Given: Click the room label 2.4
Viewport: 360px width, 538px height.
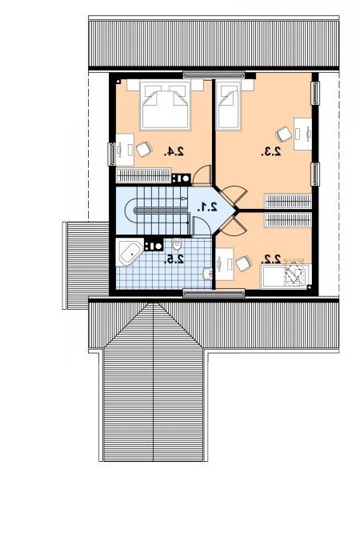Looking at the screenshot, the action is coord(174,151).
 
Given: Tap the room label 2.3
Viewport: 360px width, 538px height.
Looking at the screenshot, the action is coord(271,151).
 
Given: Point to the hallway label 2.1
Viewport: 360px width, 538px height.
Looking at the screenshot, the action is coord(207,207).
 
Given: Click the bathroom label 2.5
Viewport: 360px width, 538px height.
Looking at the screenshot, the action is coord(174,259).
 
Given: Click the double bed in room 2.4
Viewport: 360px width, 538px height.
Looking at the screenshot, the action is coord(166,105).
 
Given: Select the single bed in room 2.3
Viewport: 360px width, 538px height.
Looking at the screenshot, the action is coord(229,105).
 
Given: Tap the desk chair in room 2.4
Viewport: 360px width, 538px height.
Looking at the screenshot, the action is coord(144,149).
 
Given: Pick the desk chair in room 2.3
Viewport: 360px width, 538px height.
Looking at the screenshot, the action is coord(284,134).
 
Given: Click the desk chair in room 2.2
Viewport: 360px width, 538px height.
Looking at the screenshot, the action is coord(243,263).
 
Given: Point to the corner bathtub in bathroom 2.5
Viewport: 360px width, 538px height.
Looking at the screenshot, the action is coord(130,253).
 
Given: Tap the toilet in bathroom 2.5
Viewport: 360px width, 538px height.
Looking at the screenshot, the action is coord(177,245).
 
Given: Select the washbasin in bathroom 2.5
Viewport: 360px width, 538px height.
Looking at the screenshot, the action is coord(208,274).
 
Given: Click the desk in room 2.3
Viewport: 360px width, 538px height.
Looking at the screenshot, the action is coord(302,134).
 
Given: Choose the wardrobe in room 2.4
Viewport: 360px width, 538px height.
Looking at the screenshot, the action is coord(144,175).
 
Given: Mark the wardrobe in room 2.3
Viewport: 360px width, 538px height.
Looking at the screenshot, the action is coord(288,201).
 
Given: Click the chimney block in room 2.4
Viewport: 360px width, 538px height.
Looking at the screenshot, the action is coord(182,179).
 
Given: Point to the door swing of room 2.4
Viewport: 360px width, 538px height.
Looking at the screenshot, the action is coord(201,171).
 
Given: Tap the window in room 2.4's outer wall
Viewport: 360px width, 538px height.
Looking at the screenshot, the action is coord(111,154).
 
